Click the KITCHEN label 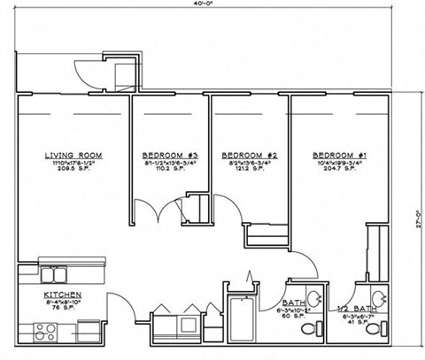pyautogui.click(x=63, y=294)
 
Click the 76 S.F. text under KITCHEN pyautogui.click(x=63, y=310)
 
